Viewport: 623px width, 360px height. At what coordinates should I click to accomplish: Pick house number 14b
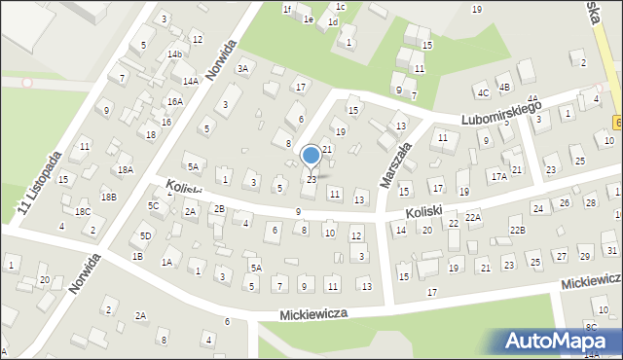click(x=174, y=54)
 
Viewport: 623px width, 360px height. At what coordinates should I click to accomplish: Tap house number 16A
click(x=174, y=101)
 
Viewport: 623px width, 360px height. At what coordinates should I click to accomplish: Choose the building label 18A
click(x=125, y=169)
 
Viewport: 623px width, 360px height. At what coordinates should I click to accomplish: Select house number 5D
click(x=145, y=235)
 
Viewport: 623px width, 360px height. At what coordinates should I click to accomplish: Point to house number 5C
click(x=153, y=205)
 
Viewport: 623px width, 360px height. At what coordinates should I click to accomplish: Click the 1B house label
click(x=138, y=256)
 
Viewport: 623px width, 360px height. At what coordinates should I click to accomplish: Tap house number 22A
click(x=473, y=217)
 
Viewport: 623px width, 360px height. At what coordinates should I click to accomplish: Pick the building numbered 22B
click(x=517, y=230)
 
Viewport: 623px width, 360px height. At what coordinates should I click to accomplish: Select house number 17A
click(x=498, y=176)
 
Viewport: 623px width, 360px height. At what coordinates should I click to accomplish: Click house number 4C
click(x=483, y=92)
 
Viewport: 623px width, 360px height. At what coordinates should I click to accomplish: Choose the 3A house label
click(x=243, y=69)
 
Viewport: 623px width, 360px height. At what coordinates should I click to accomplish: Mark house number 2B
click(x=220, y=208)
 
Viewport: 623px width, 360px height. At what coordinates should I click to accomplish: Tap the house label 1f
click(x=287, y=9)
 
